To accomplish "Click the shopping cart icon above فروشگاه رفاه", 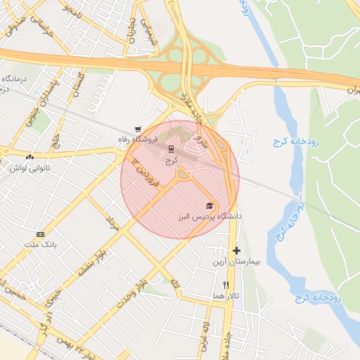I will click(x=138, y=129).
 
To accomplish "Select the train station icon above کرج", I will click(x=171, y=150).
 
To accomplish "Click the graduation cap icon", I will click(x=210, y=205).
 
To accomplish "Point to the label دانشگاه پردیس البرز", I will click(x=210, y=216).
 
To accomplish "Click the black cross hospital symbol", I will click(x=236, y=250).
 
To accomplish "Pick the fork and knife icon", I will click(x=225, y=285).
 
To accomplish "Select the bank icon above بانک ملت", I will click(x=40, y=233).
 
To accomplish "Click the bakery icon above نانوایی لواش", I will click(x=30, y=157).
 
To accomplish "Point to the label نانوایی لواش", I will click(x=29, y=168).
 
